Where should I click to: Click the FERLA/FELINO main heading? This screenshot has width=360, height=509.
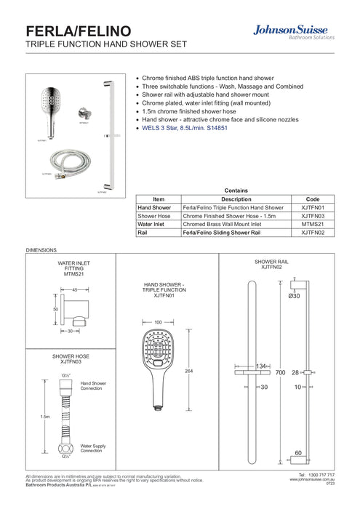click(x=79, y=31)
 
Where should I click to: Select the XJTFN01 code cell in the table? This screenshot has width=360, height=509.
click(x=311, y=207)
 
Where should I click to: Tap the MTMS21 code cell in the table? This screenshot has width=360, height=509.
click(x=311, y=225)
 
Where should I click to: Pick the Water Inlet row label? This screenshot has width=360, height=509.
click(x=153, y=225)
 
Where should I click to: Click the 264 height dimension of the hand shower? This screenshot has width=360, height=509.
click(x=190, y=372)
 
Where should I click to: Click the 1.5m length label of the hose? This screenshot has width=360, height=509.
click(x=45, y=417)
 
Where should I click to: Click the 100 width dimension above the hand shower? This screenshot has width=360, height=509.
click(x=158, y=321)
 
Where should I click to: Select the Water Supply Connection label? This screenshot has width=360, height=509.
click(x=93, y=449)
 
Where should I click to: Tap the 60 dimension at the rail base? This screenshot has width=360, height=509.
click(x=298, y=452)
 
